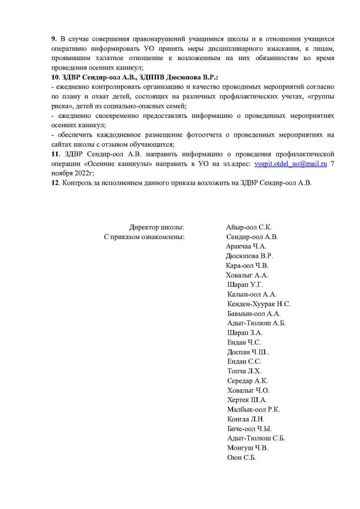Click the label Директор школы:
tap(157, 227)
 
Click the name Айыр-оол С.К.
tap(249, 227)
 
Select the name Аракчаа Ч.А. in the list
tap(246, 246)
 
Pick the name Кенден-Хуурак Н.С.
tap(259, 304)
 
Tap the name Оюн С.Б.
tap(241, 457)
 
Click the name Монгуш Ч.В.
tap(247, 448)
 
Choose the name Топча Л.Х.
tap(244, 371)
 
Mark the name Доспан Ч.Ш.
tap(246, 352)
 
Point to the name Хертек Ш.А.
tap(247, 400)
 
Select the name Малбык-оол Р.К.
tap(253, 409)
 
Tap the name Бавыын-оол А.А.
tap(254, 313)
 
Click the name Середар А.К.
tap(247, 381)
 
